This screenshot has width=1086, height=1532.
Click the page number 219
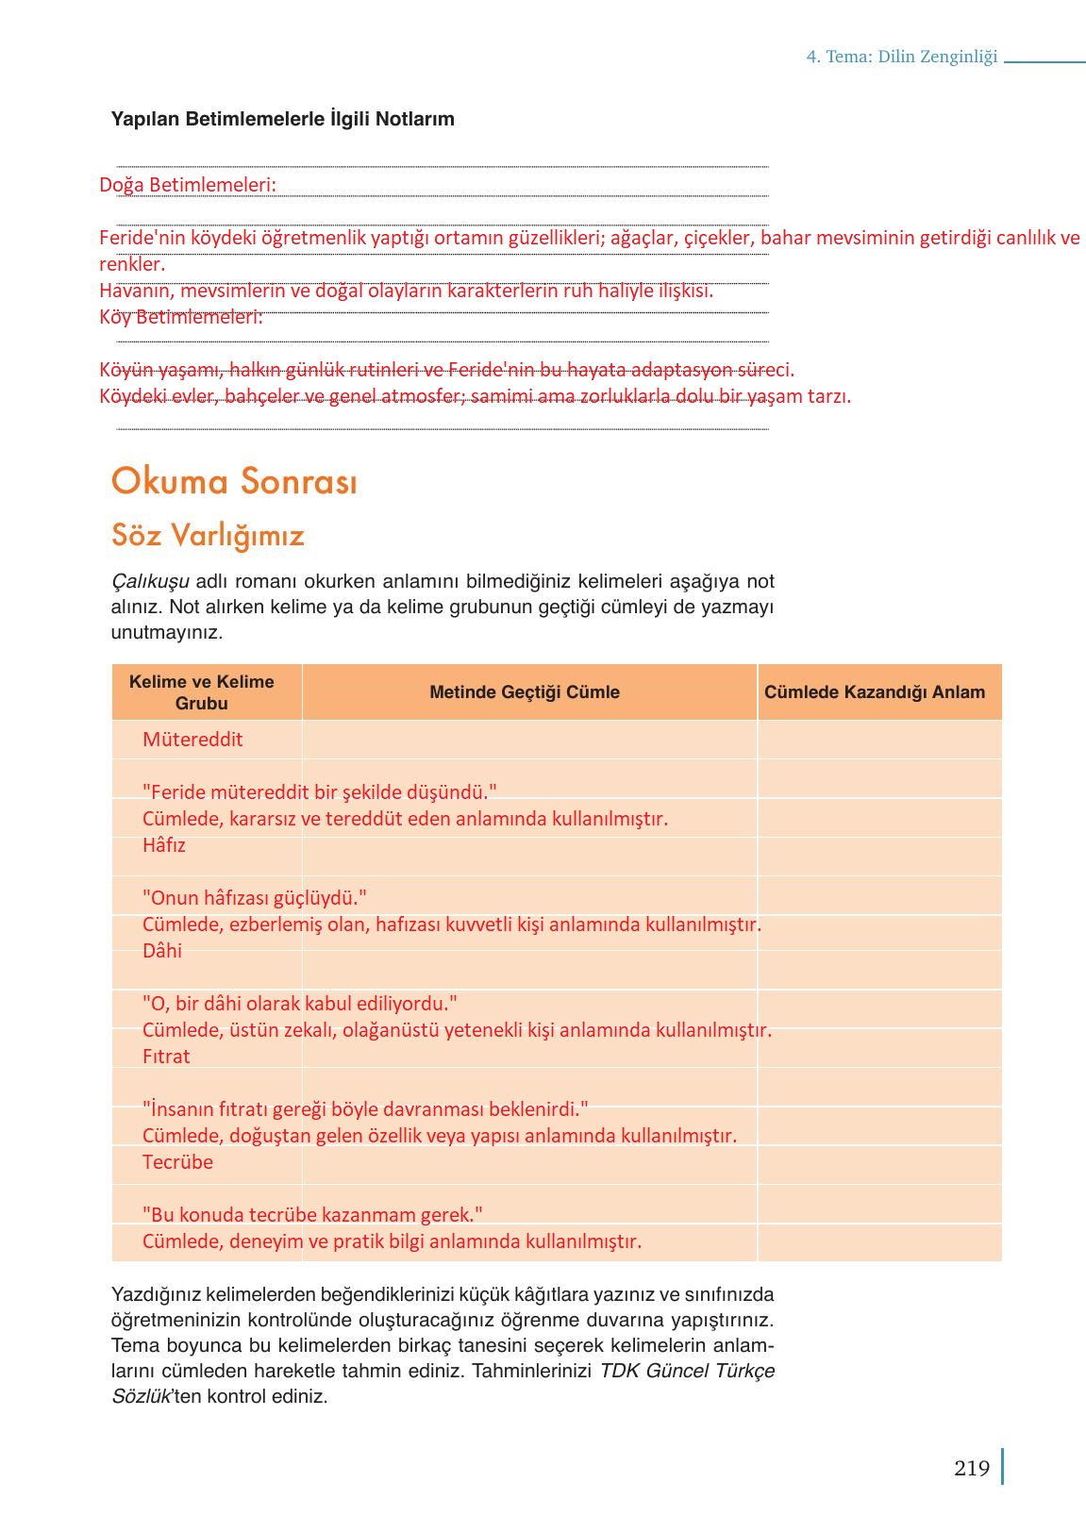click(x=971, y=1468)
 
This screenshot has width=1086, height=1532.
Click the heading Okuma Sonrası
click(x=234, y=481)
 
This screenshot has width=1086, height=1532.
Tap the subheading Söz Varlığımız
click(x=208, y=535)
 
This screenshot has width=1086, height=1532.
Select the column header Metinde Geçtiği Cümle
click(x=525, y=692)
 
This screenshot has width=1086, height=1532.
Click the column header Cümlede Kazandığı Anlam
click(x=875, y=692)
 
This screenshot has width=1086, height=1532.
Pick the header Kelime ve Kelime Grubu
click(x=202, y=692)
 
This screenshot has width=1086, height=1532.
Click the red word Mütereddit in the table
click(x=192, y=740)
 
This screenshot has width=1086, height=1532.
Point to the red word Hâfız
click(x=164, y=845)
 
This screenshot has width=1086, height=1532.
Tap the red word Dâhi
click(x=162, y=951)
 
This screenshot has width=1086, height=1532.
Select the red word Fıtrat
click(x=166, y=1057)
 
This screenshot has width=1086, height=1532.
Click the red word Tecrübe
click(x=177, y=1162)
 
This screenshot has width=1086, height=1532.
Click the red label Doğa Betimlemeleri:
click(x=188, y=185)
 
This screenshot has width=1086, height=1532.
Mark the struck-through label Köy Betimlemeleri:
click(x=181, y=317)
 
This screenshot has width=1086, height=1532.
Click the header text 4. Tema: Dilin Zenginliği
click(x=902, y=57)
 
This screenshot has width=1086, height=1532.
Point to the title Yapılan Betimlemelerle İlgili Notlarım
click(x=283, y=119)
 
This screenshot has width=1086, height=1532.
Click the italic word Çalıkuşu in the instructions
click(x=150, y=581)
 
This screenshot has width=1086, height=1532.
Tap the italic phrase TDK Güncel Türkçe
click(x=687, y=1371)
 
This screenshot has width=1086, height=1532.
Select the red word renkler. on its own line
click(x=132, y=264)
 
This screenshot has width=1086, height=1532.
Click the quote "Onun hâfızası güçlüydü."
click(x=255, y=898)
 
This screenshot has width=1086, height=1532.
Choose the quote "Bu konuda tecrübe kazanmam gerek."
click(x=312, y=1215)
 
